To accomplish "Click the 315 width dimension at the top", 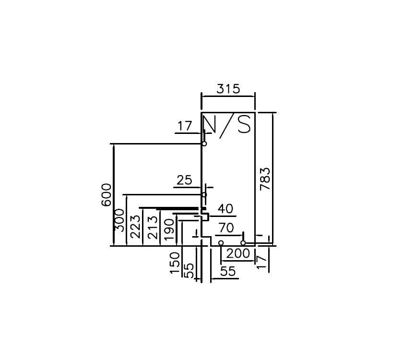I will coord(227,89).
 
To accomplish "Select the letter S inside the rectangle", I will coord(244,125).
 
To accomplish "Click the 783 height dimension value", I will coord(265,179).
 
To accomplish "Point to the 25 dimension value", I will coord(185,180).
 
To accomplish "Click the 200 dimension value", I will coord(238,253).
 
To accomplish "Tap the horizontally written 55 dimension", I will coord(227,271).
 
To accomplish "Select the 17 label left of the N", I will coord(185,127).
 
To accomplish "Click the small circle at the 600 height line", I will coord(204,144).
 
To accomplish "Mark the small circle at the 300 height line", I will coord(204,194).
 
